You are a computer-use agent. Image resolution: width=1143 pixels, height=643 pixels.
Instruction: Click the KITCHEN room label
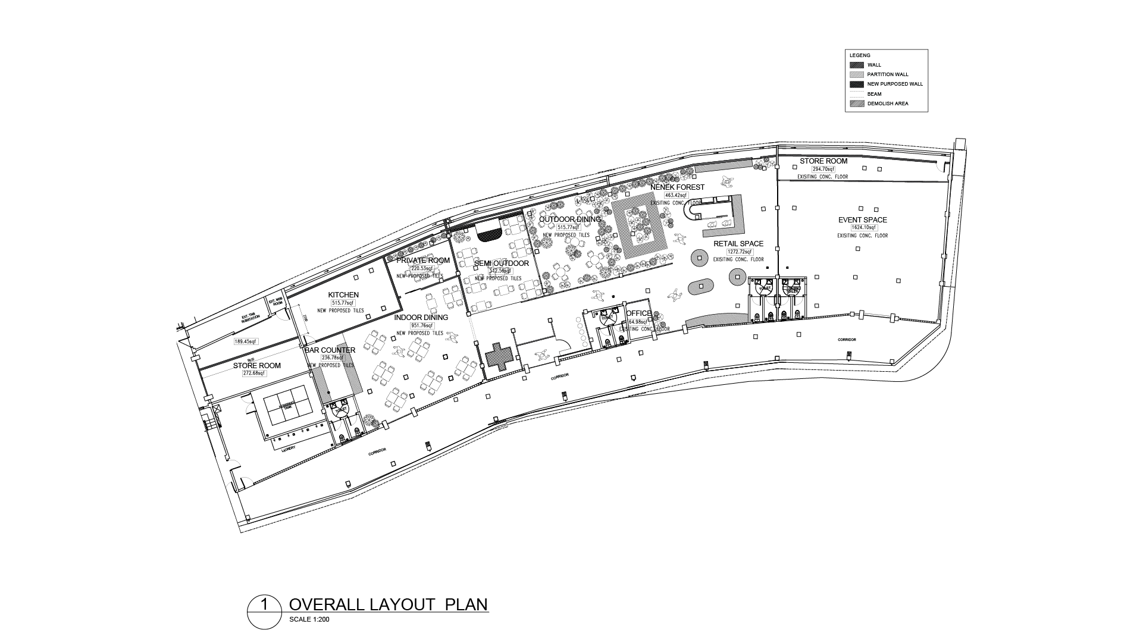pos(344,295)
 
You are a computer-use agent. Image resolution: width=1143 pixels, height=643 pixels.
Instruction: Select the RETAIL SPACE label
pos(738,244)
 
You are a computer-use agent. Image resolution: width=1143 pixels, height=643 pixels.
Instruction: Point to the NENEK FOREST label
pos(677,187)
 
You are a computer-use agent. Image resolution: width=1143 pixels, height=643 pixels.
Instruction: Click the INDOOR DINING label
pos(421,318)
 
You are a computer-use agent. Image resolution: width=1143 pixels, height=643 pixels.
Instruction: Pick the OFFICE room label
pos(639,313)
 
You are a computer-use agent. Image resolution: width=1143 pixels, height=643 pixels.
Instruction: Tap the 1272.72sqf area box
pos(737,252)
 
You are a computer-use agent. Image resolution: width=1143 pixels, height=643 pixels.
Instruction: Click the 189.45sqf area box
pos(245,341)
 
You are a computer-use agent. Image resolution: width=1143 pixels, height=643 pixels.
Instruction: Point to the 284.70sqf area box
pos(823,169)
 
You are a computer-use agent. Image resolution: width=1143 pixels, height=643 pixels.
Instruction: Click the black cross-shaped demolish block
pos(499,357)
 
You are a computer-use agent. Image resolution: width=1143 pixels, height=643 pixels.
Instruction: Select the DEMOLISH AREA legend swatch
pos(856,103)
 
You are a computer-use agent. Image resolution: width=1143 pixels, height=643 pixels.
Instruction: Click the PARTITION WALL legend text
pos(888,74)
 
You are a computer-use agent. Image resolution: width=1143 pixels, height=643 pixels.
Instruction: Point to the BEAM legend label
pos(874,94)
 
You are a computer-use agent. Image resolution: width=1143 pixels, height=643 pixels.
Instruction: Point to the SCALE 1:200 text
pos(309,619)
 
